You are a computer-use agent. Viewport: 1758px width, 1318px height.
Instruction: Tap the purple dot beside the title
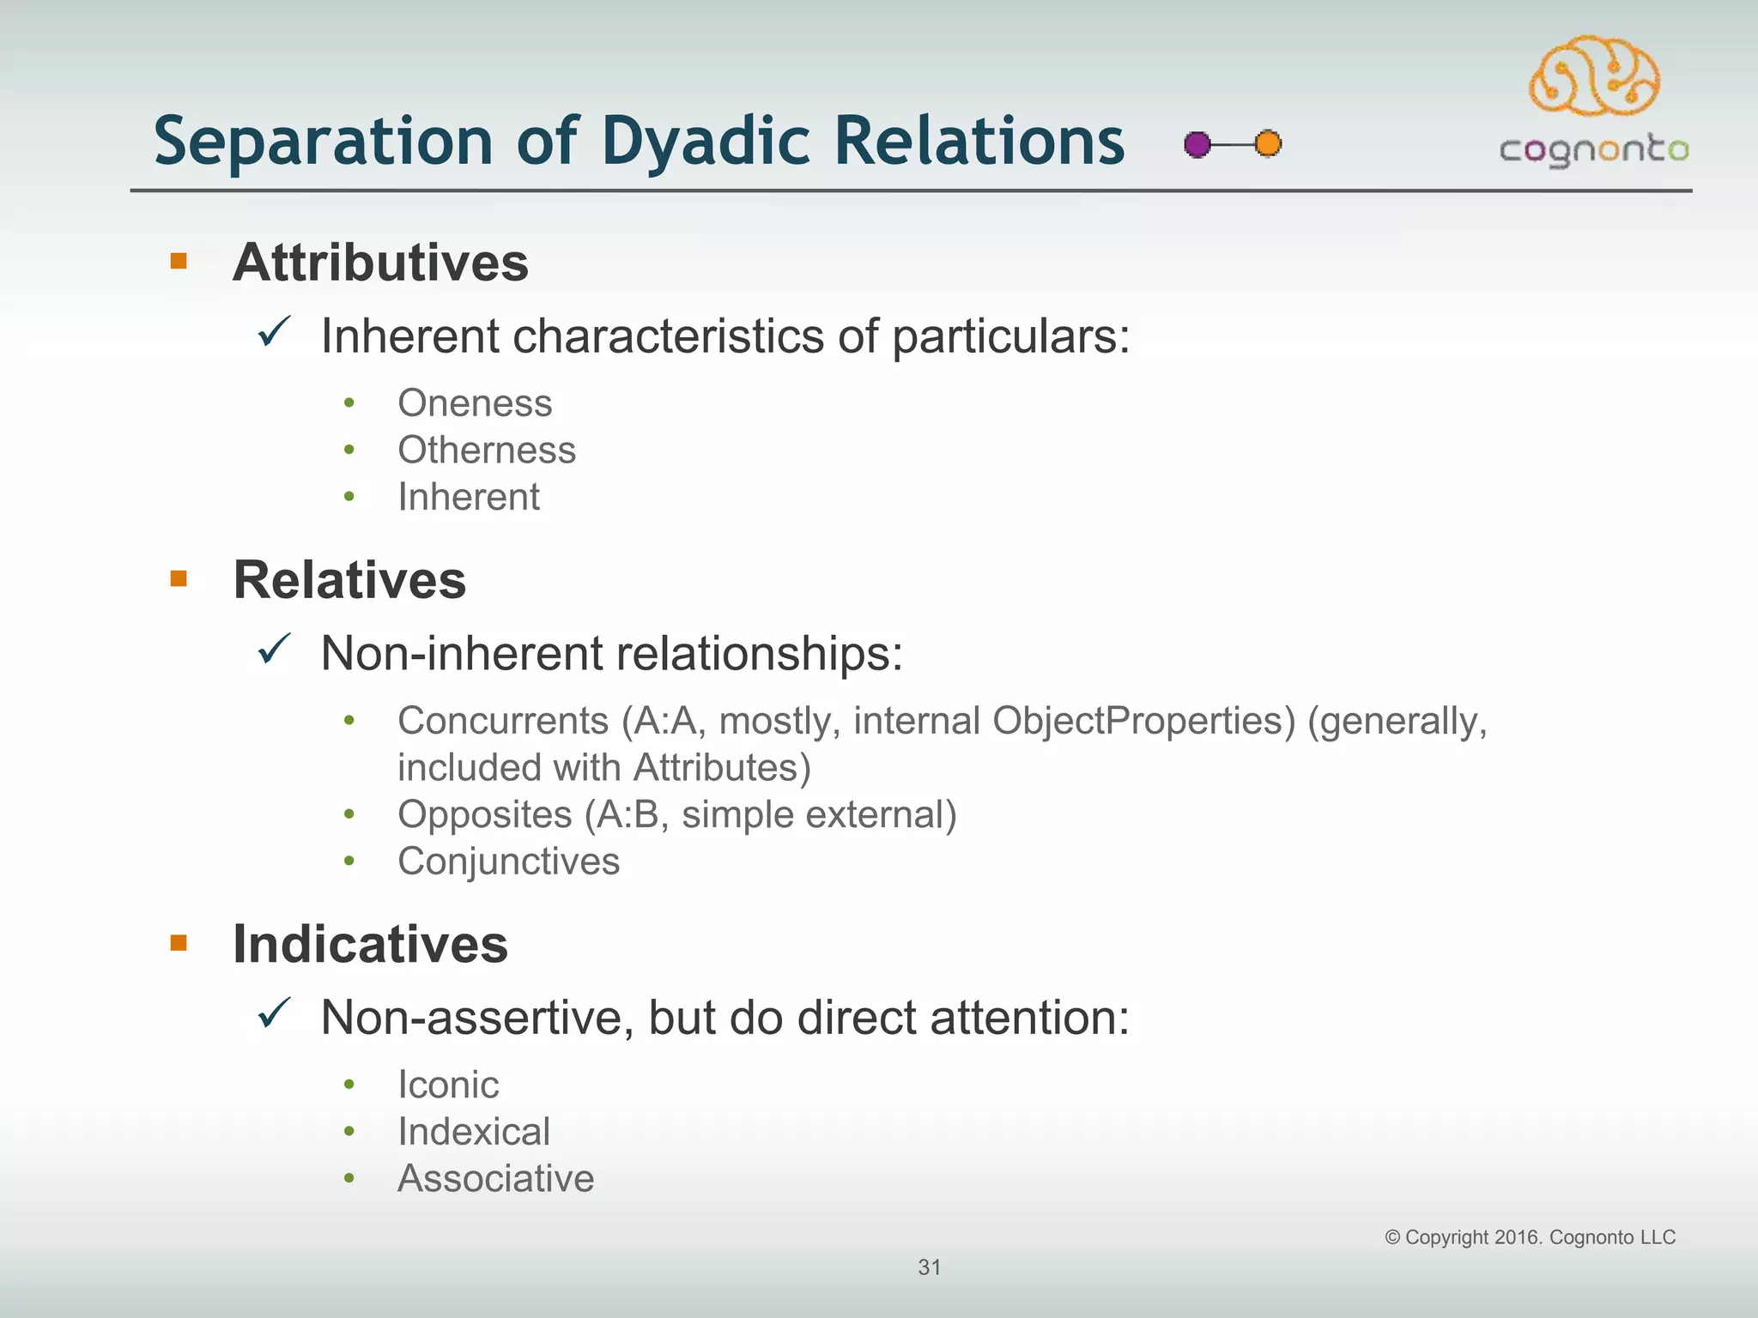[1197, 144]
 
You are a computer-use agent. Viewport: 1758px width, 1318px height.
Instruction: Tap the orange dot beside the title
[1268, 143]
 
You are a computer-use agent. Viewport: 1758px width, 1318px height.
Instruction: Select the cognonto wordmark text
[1594, 151]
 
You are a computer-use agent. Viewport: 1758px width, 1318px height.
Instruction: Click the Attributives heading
[380, 262]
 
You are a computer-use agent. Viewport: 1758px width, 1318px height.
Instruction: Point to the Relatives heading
[349, 580]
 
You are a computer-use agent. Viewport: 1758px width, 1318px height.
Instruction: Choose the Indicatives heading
[370, 944]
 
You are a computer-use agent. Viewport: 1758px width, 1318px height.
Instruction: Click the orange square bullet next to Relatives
[179, 579]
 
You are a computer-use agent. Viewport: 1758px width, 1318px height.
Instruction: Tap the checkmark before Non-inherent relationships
[275, 650]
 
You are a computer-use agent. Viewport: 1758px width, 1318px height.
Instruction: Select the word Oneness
[475, 403]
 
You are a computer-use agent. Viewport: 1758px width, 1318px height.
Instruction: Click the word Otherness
[486, 450]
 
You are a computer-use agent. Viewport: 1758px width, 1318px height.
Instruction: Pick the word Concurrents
[503, 721]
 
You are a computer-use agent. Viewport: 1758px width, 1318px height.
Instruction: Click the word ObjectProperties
[1143, 721]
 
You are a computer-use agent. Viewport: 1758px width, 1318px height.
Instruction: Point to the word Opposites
[484, 814]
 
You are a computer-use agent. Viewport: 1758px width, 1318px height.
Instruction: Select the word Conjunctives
[508, 862]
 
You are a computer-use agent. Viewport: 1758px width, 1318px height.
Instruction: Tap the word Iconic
[448, 1085]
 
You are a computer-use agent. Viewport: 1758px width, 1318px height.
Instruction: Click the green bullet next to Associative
[349, 1178]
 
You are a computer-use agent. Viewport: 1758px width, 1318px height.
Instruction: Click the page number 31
[930, 1267]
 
